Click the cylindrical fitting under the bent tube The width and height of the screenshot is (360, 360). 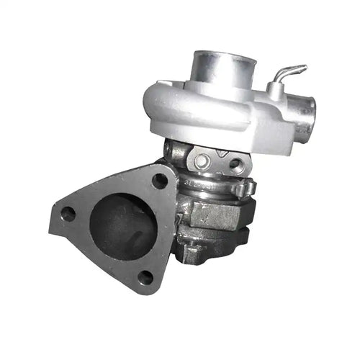click(x=275, y=89)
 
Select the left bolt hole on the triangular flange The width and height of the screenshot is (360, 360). click(x=68, y=213)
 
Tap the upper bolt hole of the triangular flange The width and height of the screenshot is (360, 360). click(x=160, y=180)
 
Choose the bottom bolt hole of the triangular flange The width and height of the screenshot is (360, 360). click(x=145, y=276)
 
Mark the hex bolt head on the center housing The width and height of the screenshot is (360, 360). click(x=204, y=160)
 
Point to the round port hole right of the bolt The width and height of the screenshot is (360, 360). click(x=235, y=164)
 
